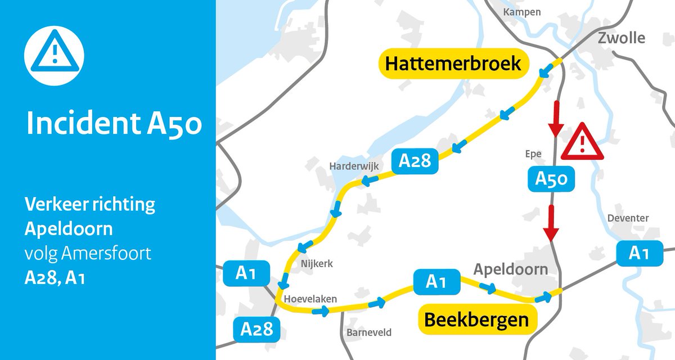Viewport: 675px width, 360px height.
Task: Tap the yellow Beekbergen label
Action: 476,320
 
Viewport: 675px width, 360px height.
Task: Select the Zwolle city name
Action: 621,38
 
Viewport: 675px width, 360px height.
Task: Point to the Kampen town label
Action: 522,12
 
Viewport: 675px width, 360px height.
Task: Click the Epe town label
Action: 532,154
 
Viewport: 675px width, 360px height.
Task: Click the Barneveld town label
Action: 368,332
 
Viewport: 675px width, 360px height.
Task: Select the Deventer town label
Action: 628,218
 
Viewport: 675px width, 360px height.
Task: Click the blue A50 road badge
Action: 551,179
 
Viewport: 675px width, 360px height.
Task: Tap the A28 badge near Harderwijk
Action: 415,161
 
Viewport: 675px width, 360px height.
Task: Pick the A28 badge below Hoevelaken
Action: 256,328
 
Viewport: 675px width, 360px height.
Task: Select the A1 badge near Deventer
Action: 638,254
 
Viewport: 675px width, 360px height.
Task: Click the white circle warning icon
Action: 54,54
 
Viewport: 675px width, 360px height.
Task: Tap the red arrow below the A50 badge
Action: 551,222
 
